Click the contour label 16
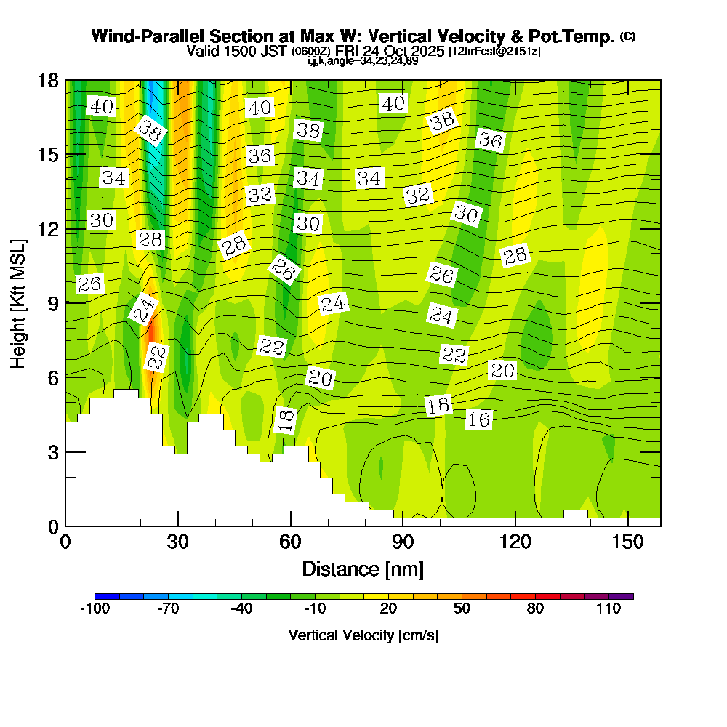point(478,419)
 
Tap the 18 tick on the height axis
point(47,80)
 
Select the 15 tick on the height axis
point(47,155)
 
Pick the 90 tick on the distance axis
point(403,543)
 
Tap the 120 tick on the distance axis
point(515,543)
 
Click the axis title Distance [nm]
point(363,568)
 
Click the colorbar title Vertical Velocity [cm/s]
point(363,635)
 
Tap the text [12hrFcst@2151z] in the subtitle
point(494,52)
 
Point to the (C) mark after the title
point(628,36)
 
